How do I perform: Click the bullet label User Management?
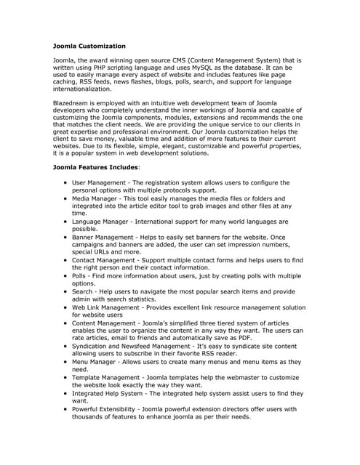tap(106, 182)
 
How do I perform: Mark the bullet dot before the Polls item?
tap(65, 276)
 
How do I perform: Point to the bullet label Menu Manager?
tap(99, 361)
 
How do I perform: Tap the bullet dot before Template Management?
tap(65, 378)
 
